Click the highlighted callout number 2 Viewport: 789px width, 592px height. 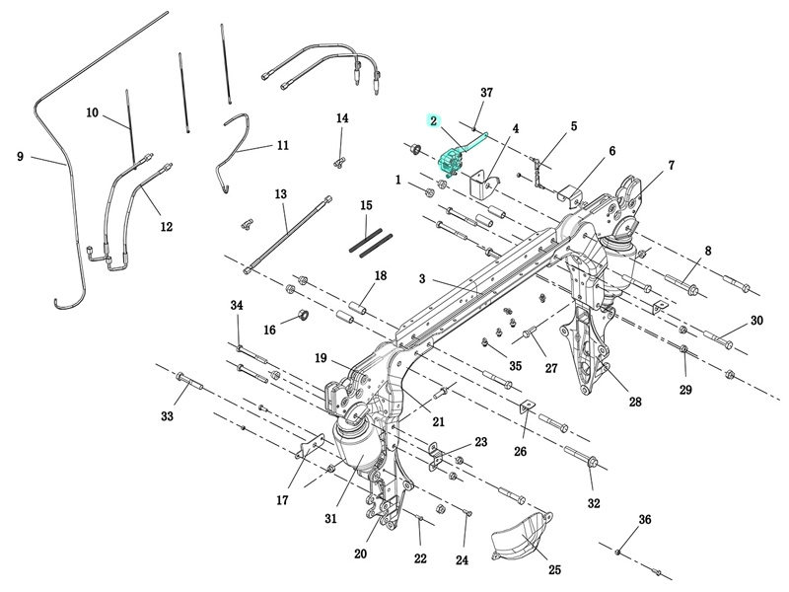point(433,120)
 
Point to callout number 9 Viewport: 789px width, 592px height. point(20,156)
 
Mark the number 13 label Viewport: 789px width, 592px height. point(280,193)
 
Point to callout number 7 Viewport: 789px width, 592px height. point(671,165)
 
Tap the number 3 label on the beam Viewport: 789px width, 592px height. point(421,280)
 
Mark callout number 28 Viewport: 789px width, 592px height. point(635,402)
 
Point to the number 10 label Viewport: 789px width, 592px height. point(92,112)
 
